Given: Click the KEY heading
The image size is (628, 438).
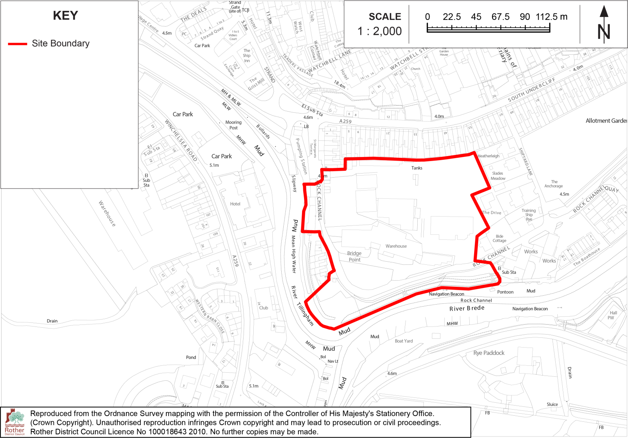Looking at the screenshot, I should [x=65, y=15].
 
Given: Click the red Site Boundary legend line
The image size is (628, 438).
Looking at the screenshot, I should [x=17, y=43].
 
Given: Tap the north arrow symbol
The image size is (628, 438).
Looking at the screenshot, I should [x=604, y=24].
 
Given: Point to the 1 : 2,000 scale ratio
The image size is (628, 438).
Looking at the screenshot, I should [x=380, y=31].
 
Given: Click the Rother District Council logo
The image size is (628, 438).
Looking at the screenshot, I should [x=15, y=422].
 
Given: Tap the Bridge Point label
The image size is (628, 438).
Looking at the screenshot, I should [x=354, y=256].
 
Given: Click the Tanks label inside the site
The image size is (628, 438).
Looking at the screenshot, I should [x=417, y=168].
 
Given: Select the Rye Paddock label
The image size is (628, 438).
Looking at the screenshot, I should [x=489, y=353].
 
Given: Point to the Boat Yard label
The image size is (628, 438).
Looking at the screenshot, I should [x=404, y=341].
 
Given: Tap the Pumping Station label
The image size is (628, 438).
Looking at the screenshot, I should [x=301, y=156].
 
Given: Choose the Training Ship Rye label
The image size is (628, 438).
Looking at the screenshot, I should [x=529, y=215].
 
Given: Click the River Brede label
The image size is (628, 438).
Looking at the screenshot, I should [x=467, y=308].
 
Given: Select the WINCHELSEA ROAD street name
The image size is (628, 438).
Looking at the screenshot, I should [x=181, y=140].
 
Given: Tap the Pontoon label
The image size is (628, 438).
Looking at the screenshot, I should [x=505, y=292].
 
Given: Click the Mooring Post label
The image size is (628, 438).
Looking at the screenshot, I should [x=233, y=125].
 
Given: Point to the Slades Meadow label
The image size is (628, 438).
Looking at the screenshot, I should [x=498, y=176].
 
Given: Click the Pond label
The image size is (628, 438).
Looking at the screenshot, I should [x=191, y=357].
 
